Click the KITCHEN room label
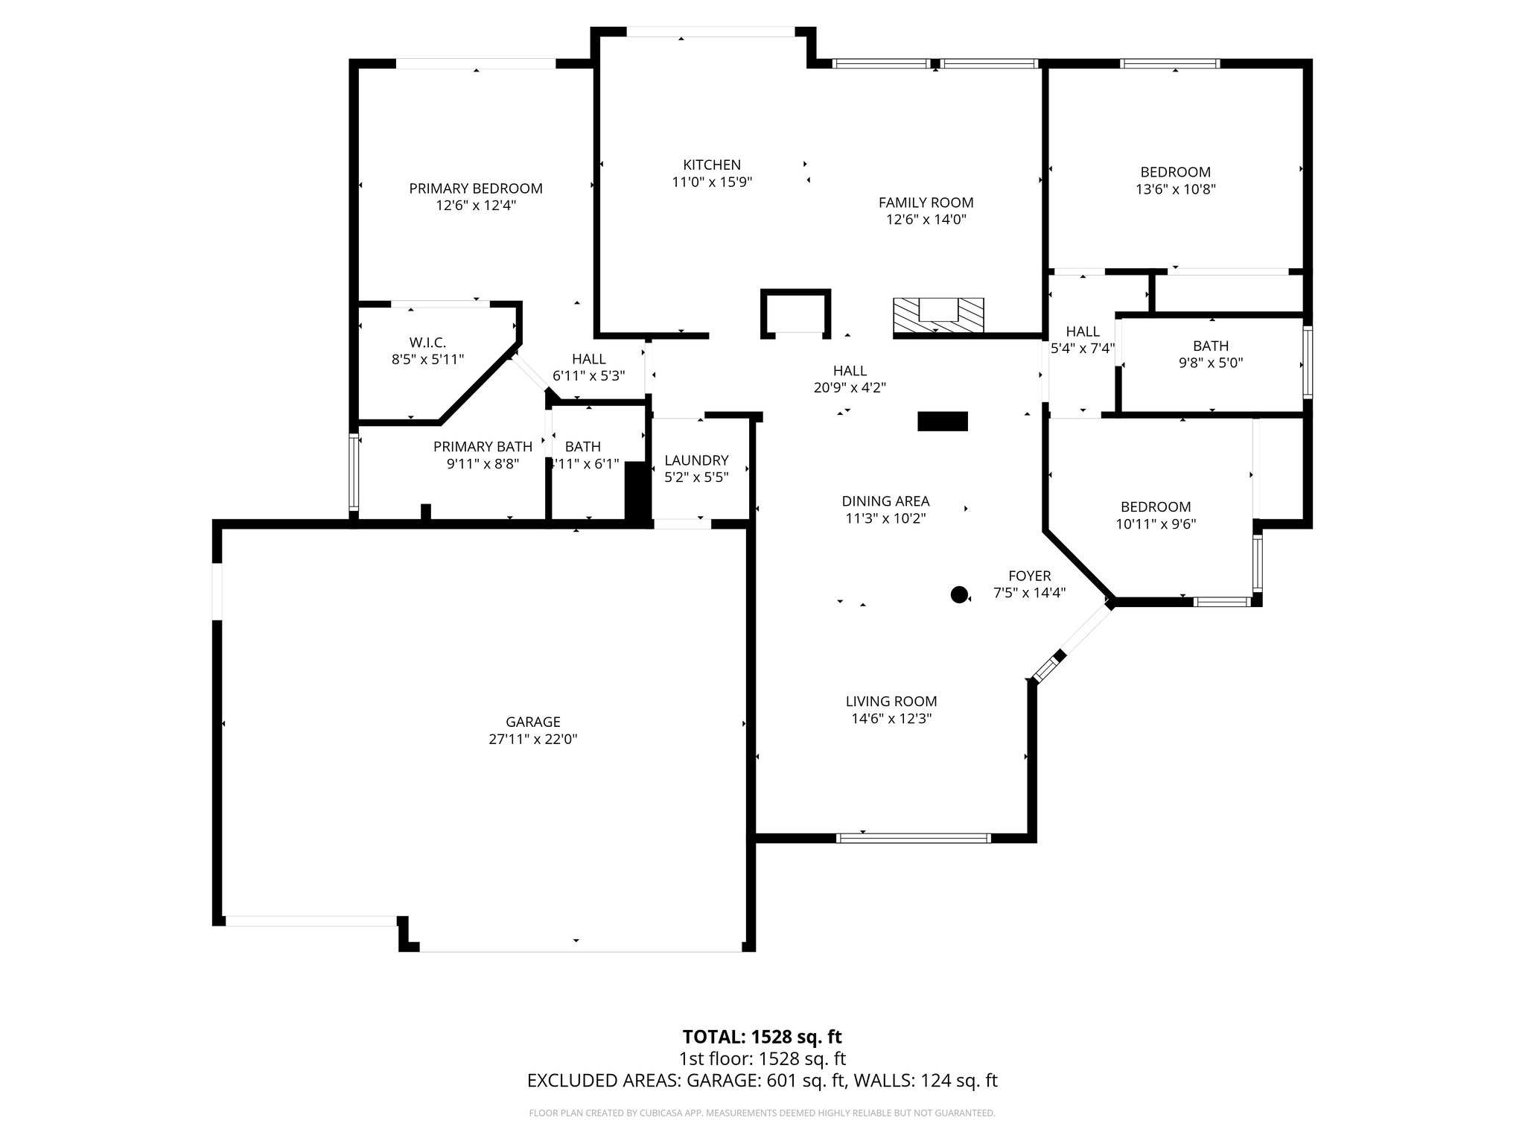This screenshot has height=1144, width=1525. click(712, 165)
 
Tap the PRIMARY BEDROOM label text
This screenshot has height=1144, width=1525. click(475, 188)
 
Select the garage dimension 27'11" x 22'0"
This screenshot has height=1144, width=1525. click(532, 739)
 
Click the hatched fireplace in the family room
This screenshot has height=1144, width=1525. click(938, 315)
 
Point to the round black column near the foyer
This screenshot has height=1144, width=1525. click(959, 594)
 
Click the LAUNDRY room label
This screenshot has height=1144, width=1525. click(696, 460)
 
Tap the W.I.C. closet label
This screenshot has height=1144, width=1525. click(427, 342)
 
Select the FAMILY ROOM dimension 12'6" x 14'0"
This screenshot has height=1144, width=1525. click(926, 219)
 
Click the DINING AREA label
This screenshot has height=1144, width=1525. click(885, 501)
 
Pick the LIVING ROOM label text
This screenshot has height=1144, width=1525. click(891, 701)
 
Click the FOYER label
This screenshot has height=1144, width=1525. click(1029, 576)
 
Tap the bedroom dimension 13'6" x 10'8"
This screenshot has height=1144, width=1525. click(1175, 189)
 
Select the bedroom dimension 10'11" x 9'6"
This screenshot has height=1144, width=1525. click(1155, 524)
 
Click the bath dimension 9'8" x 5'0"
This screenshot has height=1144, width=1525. click(1210, 363)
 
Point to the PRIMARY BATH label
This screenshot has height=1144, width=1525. click(483, 446)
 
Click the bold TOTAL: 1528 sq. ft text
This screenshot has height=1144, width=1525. click(762, 1037)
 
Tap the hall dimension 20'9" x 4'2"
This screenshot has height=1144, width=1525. click(849, 387)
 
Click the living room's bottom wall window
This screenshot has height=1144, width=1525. click(914, 838)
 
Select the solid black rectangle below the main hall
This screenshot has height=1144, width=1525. click(942, 422)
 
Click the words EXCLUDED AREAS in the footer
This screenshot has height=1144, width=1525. click(602, 1081)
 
